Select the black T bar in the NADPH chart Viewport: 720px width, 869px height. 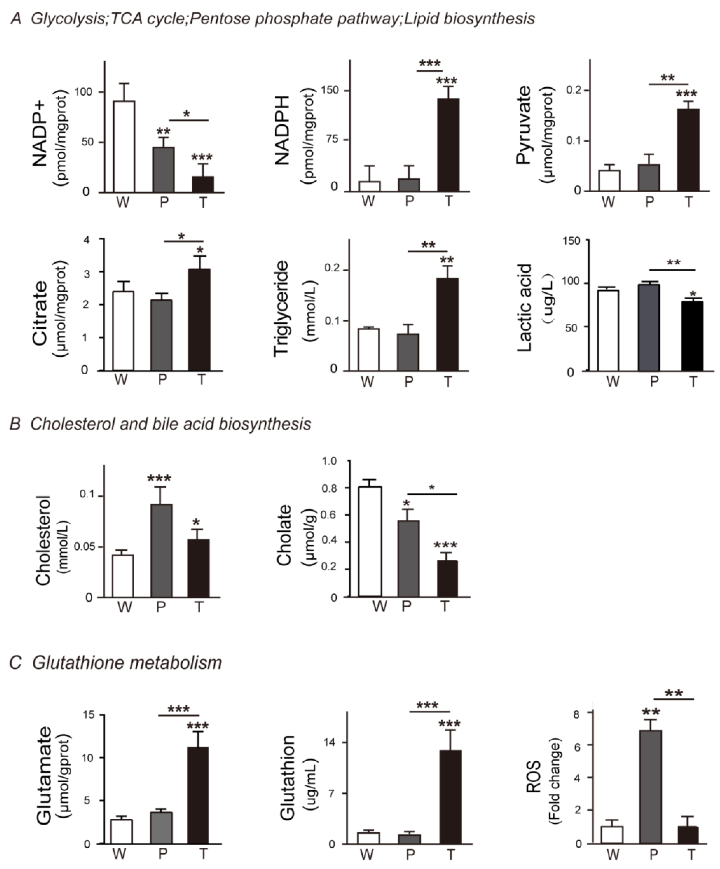(448, 145)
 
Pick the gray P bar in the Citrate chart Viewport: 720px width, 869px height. (161, 335)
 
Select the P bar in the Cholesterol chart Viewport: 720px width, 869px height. (161, 550)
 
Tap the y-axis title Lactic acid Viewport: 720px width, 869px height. (525, 308)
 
